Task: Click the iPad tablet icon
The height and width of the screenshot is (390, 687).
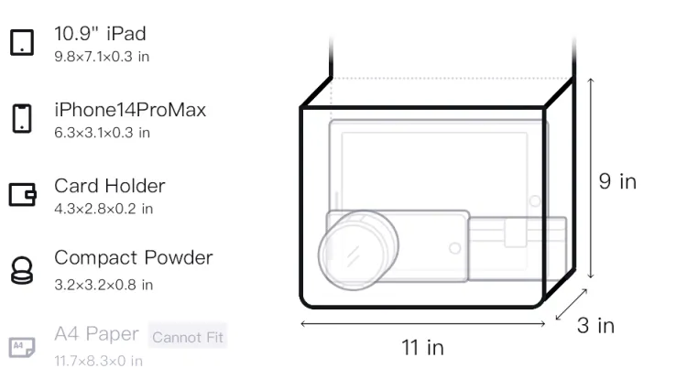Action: tap(22, 42)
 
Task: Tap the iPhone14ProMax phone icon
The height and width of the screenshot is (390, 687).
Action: tap(22, 118)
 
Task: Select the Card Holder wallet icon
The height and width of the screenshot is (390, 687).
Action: tap(22, 194)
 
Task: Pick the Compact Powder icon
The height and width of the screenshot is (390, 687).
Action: tap(22, 270)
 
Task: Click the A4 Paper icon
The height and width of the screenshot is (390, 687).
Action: tap(22, 347)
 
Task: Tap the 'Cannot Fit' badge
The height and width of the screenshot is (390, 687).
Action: tap(188, 337)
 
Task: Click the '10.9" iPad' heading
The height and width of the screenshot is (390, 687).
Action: tap(100, 34)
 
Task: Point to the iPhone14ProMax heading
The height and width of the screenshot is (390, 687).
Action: tap(130, 110)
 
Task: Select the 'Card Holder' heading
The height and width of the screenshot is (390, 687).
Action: tap(110, 186)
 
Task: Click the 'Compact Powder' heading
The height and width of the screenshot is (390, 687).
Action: tap(133, 258)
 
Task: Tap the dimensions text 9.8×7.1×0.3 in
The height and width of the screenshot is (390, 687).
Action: tap(102, 57)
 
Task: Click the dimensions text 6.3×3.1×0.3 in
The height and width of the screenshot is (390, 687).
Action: tap(102, 133)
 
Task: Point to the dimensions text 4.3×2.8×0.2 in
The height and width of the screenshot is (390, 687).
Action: tap(104, 209)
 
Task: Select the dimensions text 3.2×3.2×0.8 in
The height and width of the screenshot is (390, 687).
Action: tap(104, 285)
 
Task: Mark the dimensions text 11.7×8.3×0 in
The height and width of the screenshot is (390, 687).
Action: tap(99, 361)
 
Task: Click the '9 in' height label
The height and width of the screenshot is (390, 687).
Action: tap(617, 181)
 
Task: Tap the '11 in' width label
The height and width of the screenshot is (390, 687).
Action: tap(423, 348)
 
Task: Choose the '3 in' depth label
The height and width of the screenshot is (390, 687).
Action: tap(596, 325)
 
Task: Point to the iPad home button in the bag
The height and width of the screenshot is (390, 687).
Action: tap(535, 200)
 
